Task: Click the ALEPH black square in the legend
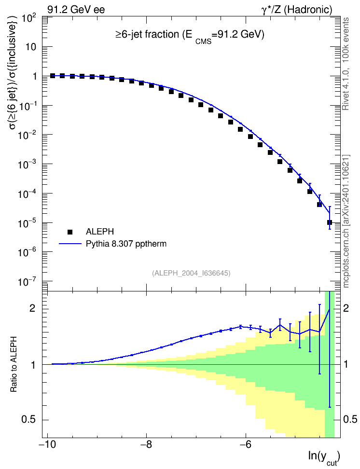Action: [70, 232]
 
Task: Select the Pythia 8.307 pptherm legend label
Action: [126, 244]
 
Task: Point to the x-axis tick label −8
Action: [146, 445]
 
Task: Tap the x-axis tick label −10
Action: [47, 445]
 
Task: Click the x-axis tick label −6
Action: [245, 445]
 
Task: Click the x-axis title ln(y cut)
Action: [324, 458]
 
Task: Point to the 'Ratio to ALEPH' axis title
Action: [14, 364]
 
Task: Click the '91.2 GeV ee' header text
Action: [76, 10]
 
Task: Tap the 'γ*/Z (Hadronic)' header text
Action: [297, 10]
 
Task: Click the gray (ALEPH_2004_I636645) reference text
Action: [191, 273]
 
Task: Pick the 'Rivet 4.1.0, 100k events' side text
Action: [346, 64]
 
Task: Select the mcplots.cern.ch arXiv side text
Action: [346, 221]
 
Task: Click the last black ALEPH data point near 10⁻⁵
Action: [330, 222]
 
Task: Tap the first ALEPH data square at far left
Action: [53, 76]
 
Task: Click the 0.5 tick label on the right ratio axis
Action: [350, 419]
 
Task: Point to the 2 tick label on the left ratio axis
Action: [32, 308]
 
